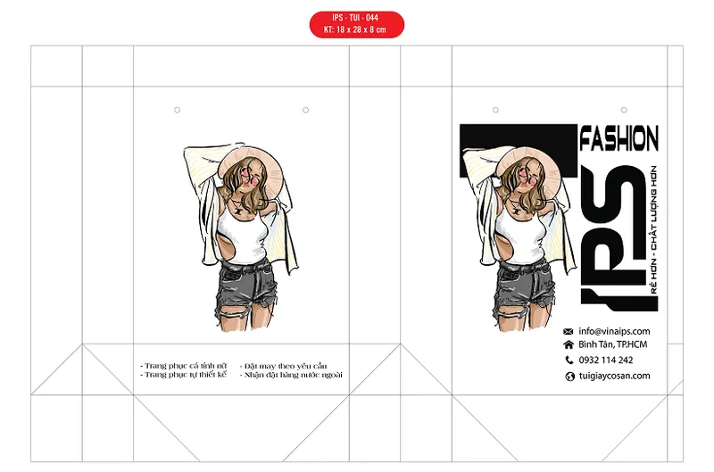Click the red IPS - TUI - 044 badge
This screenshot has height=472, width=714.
tap(356, 24)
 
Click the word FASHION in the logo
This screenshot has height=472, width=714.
tap(619, 138)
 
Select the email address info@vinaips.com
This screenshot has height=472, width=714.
tap(614, 331)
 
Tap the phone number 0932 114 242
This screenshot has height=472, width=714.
tap(606, 360)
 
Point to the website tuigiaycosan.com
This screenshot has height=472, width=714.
tap(614, 376)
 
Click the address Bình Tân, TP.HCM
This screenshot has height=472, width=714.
tap(612, 344)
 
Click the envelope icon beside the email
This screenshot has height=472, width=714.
tap(568, 332)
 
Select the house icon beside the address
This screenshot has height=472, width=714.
tap(569, 344)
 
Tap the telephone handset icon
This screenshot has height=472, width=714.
tap(569, 360)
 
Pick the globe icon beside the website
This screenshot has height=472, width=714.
tap(569, 377)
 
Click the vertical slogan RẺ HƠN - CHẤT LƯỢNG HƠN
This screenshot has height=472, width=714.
tap(653, 230)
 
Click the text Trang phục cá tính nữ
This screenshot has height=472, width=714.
tap(184, 366)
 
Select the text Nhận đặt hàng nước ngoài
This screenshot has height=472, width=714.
tap(291, 375)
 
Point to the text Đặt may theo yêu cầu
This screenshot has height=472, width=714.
tap(283, 366)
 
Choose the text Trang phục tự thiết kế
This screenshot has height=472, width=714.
tap(184, 375)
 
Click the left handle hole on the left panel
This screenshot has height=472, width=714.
tap(177, 110)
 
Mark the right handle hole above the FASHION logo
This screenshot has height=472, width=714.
tap(624, 110)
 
